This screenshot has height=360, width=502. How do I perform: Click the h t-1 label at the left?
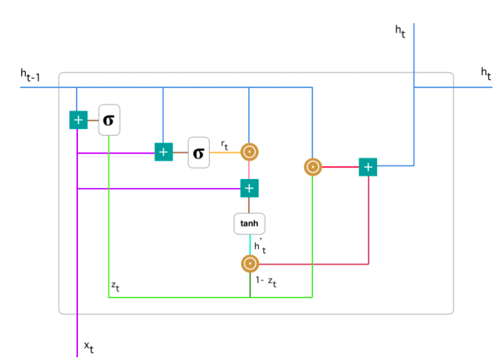point(30,76)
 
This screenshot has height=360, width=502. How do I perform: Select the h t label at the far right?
point(486,73)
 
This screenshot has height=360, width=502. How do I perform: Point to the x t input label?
point(89,347)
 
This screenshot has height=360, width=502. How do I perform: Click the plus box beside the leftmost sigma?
point(79,120)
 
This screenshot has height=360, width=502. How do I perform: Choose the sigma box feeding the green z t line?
point(109,120)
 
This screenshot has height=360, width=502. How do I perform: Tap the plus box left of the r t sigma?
point(163,152)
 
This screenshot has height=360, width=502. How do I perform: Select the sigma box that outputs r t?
point(199,152)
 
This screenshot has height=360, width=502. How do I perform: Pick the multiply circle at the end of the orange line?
point(249,152)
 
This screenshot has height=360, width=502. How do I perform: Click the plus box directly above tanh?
point(249,188)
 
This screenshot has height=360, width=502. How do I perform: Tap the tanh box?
point(249,223)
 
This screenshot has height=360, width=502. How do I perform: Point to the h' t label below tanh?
point(260,247)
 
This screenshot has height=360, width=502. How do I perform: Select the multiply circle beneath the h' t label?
point(250,264)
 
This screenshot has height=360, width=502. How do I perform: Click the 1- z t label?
point(266,281)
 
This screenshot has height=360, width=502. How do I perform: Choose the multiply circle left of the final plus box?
point(313,166)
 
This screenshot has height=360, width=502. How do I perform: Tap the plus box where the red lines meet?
point(368,167)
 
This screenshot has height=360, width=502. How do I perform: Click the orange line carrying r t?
point(225,152)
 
